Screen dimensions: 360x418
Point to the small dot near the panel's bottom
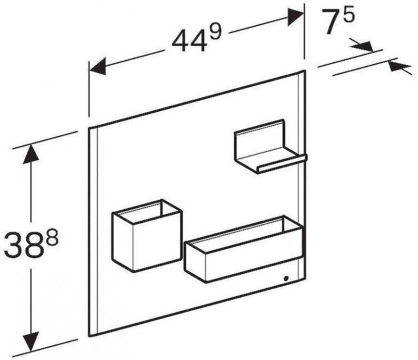[286, 278]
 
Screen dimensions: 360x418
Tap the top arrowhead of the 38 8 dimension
[30, 154]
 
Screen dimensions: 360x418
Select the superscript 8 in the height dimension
[51, 238]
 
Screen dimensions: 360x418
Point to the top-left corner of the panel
[89, 129]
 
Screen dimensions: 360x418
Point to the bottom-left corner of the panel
[89, 335]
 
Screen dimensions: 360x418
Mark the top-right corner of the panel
[305, 71]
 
